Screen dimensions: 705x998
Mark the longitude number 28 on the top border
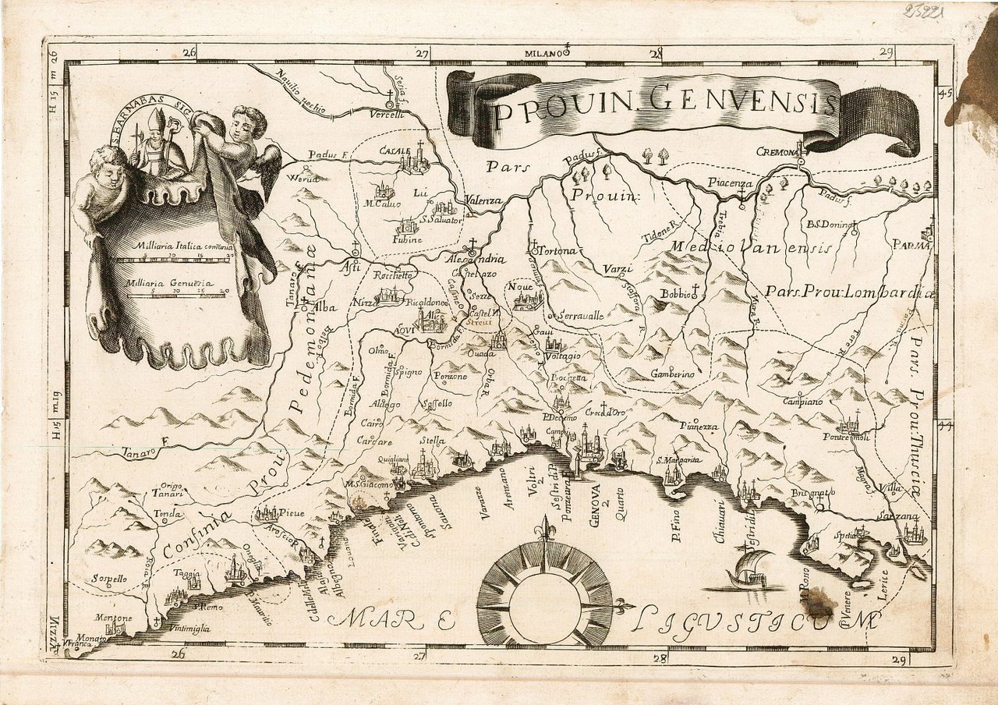pyautogui.click(x=654, y=53)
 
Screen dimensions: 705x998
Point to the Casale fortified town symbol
pyautogui.click(x=410, y=162)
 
